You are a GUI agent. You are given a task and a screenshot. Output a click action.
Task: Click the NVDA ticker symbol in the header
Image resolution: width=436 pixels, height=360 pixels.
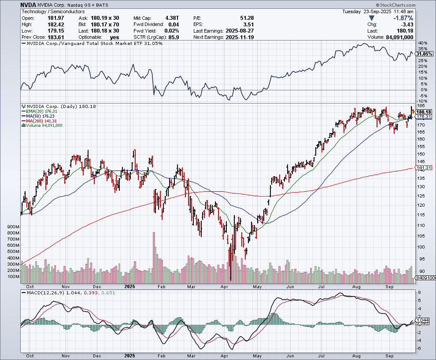[x=29, y=4]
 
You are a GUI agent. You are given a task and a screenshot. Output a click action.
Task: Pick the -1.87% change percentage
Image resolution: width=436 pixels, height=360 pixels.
[x=401, y=18]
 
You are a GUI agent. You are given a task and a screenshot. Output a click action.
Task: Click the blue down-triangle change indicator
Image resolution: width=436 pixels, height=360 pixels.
[x=372, y=18]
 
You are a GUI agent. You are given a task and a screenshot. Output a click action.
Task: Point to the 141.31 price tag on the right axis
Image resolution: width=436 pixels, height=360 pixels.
[x=424, y=168]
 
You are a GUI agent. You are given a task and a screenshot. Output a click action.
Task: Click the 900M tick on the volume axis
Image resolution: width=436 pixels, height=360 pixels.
[x=13, y=226]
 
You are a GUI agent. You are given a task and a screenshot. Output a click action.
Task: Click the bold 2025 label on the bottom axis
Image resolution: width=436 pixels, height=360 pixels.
[x=129, y=355]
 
